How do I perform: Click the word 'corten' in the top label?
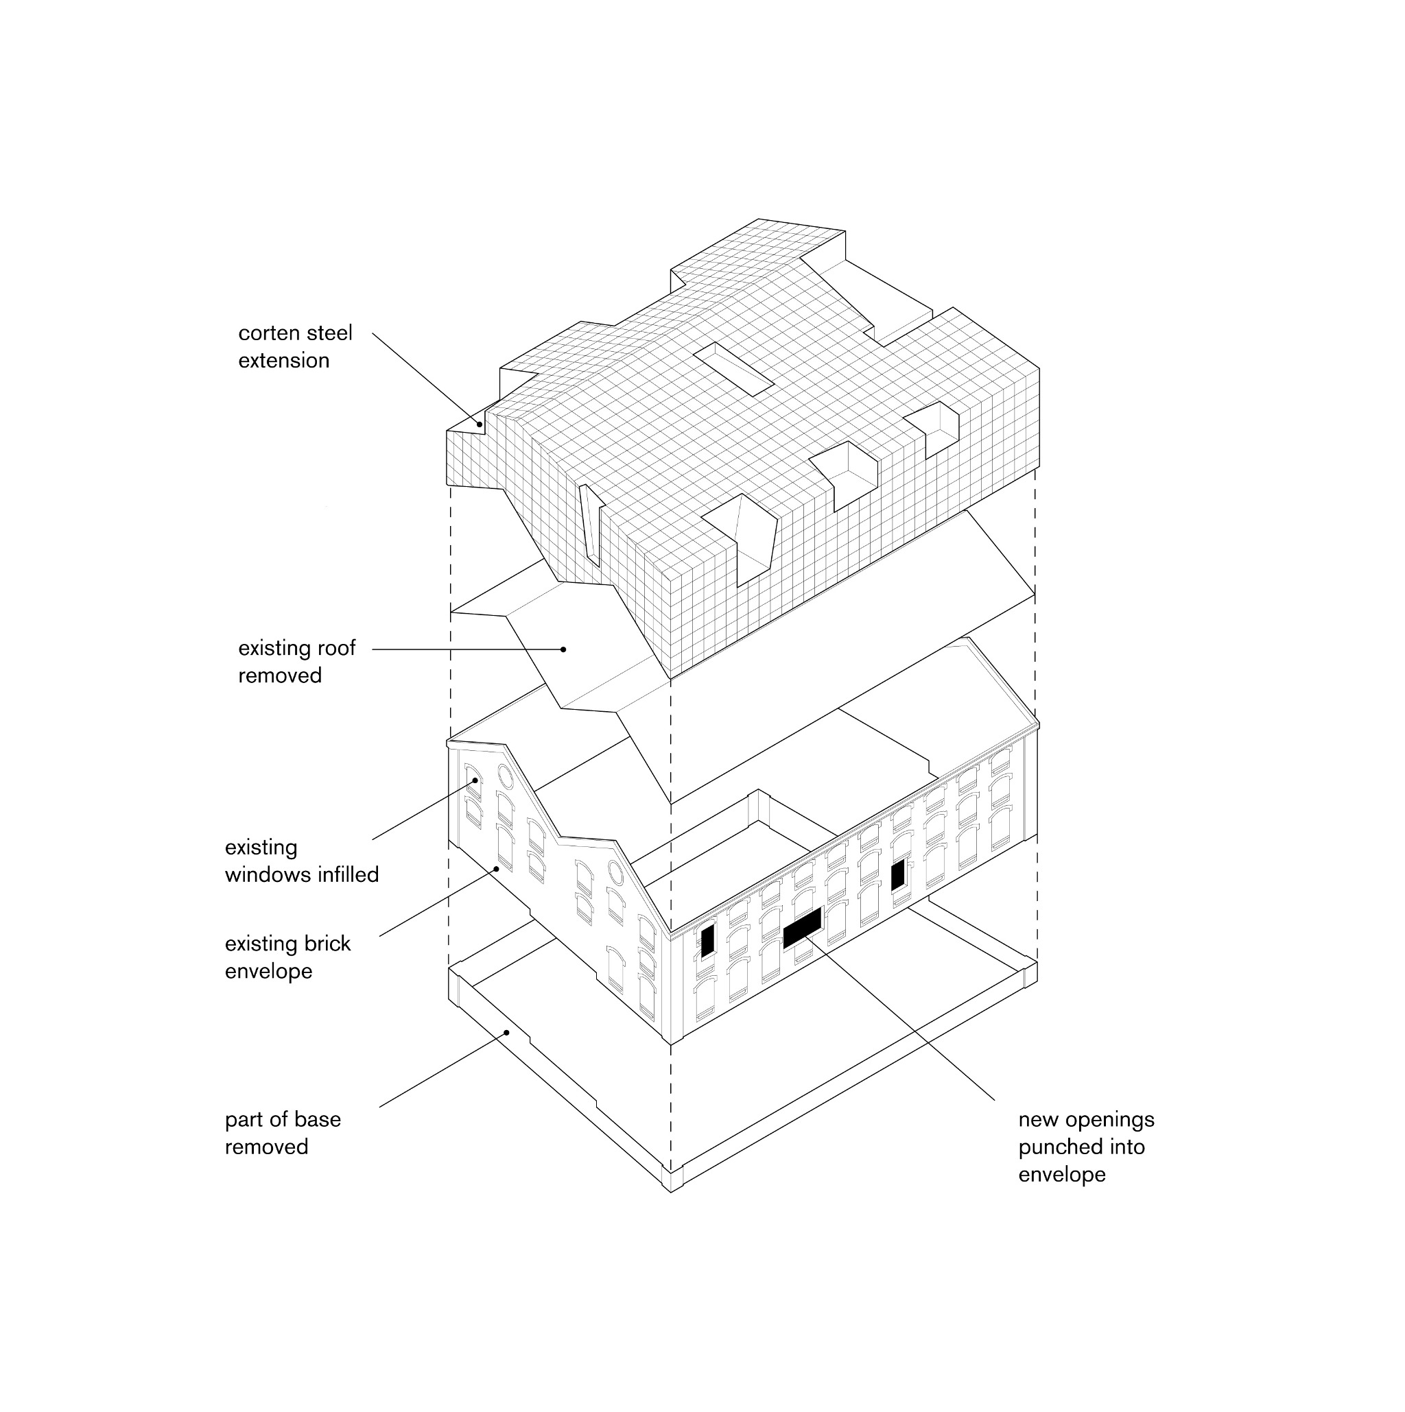270,333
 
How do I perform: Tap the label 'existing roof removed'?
297,661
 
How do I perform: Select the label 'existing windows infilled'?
302,861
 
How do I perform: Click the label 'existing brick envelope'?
288,957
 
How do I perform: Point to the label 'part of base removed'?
283,1133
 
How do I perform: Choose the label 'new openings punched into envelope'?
1086,1147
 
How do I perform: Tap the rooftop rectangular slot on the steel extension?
733,369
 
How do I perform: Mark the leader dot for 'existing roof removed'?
564,649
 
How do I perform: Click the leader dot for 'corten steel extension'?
480,424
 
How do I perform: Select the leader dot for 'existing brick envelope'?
498,868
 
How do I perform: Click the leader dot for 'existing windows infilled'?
476,780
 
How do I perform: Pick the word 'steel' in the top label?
331,333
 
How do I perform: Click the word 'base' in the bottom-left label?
318,1120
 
